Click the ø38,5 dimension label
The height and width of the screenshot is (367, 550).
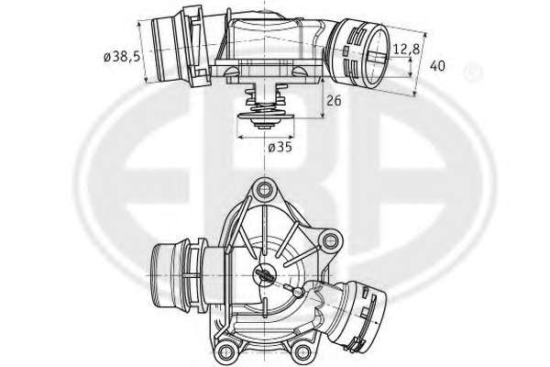pyautogui.click(x=122, y=56)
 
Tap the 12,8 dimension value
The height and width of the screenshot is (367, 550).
pyautogui.click(x=406, y=50)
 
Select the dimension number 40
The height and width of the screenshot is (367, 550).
pyautogui.click(x=437, y=66)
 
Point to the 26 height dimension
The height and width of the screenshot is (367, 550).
pyautogui.click(x=334, y=100)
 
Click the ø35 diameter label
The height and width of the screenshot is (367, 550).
pyautogui.click(x=280, y=147)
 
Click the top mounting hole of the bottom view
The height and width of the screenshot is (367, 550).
pyautogui.click(x=263, y=190)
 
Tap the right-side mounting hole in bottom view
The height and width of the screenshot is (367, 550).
pyautogui.click(x=330, y=241)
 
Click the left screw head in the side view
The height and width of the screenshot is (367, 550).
pyautogui.click(x=232, y=72)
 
